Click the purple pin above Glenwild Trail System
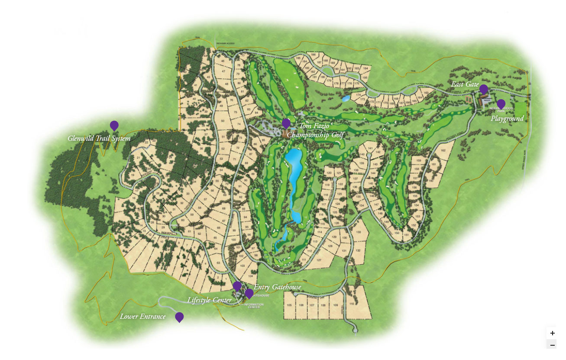coord(114,126)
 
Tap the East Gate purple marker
coord(484,89)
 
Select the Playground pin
coord(501,104)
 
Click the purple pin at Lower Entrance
coord(179,317)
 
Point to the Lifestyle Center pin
coord(237,286)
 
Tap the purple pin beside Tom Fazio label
coord(286,123)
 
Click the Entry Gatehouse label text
coord(277,287)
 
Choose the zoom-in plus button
coord(552,333)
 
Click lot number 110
coord(351,305)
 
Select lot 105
coord(290,305)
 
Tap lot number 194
coord(365,68)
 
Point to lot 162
coord(443,150)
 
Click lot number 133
coord(359,233)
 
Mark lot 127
coord(319,260)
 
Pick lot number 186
coord(312,55)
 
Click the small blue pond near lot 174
coord(346,98)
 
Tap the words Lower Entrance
coord(143,317)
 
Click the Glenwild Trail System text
coord(99,139)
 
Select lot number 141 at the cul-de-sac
coord(369,148)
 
